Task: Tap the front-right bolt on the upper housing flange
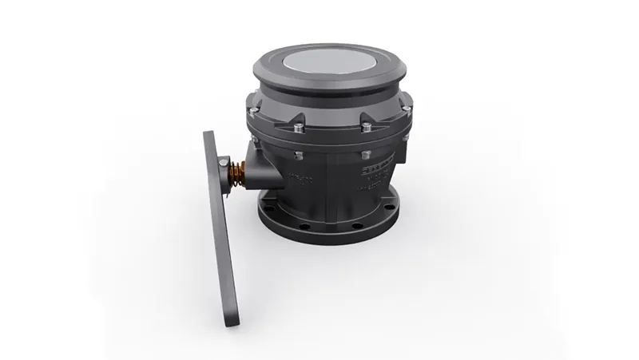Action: [x=365, y=125]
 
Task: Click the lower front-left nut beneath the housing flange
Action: [x=298, y=153]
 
